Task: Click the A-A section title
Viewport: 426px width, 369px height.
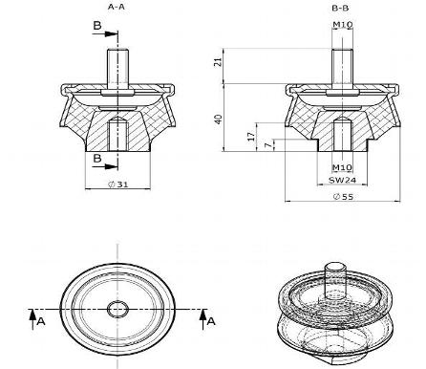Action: tap(116, 7)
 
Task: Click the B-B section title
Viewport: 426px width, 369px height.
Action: tap(340, 8)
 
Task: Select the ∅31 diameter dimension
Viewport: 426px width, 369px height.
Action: tap(117, 184)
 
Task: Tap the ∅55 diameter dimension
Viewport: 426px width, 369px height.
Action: tap(343, 197)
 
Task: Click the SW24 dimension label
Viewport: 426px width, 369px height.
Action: tap(342, 180)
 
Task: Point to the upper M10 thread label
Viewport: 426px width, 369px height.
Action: tap(342, 24)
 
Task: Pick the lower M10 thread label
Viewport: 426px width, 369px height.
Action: tap(342, 167)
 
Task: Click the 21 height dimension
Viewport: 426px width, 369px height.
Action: tap(218, 62)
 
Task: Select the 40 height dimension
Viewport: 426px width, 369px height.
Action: tap(218, 119)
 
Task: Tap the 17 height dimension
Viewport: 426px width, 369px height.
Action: tap(251, 137)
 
